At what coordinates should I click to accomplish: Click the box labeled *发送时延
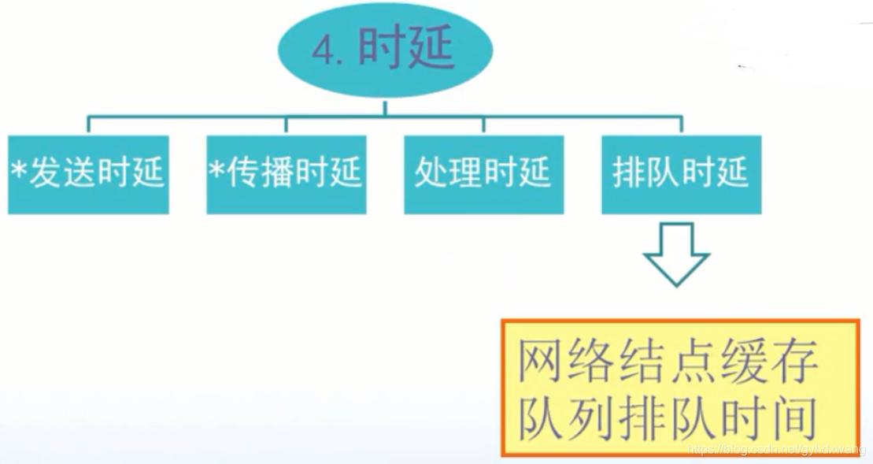point(88,174)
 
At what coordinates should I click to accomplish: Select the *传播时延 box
point(287,174)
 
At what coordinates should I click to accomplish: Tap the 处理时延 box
point(483,174)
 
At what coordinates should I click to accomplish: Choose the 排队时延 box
point(682,174)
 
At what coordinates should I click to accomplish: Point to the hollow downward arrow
point(676,254)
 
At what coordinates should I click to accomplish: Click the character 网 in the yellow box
point(542,363)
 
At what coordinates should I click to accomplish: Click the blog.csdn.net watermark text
point(776,449)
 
